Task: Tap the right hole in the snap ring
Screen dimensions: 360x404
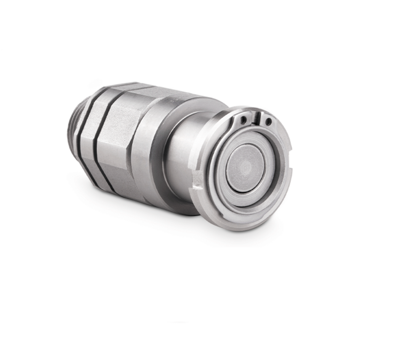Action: (268, 122)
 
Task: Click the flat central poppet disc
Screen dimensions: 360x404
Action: (246, 167)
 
